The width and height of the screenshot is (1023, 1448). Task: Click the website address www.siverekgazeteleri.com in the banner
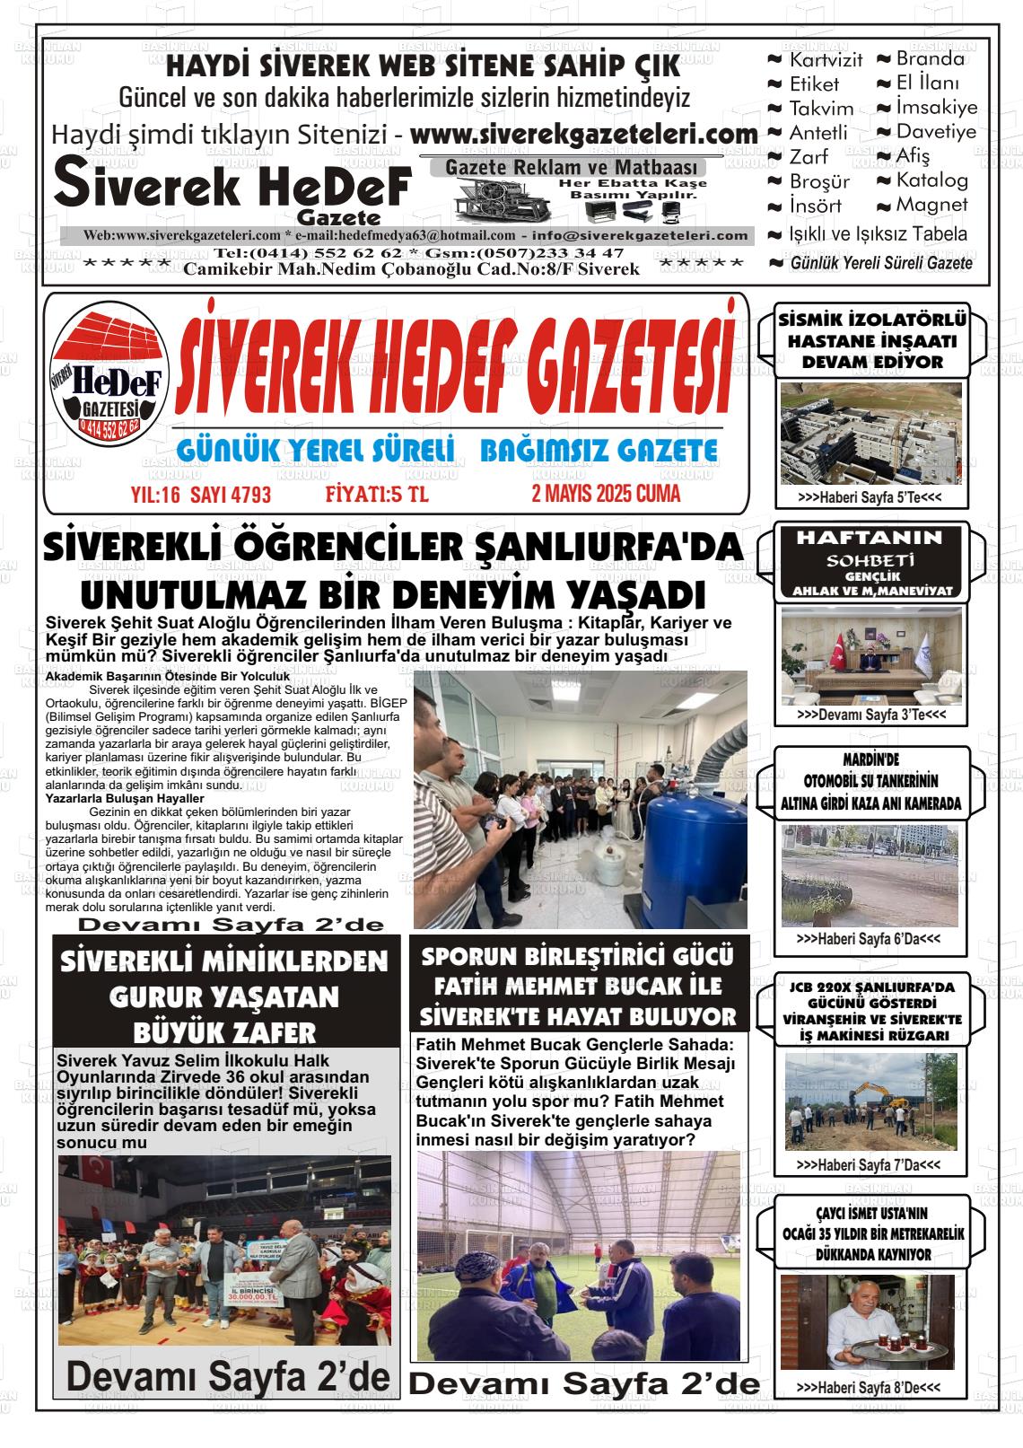(x=584, y=135)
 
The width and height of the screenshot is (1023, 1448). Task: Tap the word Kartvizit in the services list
(x=826, y=60)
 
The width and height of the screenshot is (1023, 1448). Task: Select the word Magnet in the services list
(x=931, y=205)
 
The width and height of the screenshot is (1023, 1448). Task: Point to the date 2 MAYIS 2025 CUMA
(x=606, y=494)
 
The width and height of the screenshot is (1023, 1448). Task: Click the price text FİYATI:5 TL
(x=377, y=495)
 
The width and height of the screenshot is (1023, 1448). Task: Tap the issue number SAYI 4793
(x=230, y=496)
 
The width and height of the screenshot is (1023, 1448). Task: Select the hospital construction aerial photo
(x=870, y=433)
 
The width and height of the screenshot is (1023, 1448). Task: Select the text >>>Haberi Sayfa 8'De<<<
(x=869, y=1388)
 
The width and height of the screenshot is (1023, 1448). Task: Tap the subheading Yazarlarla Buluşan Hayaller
(x=125, y=798)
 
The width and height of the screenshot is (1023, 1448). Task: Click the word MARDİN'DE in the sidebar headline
(x=870, y=759)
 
